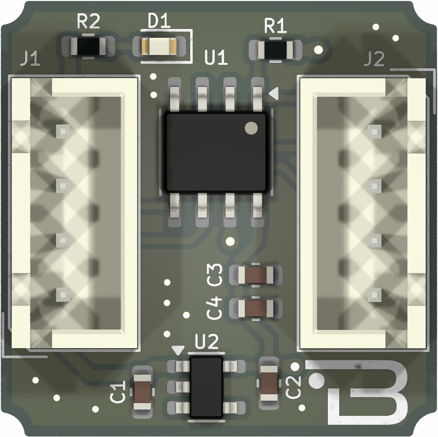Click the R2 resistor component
tap(88, 46)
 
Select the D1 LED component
tap(159, 46)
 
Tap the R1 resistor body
tap(275, 50)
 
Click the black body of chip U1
tap(216, 152)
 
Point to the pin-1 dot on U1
tap(251, 128)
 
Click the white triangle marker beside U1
tap(274, 93)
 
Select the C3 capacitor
tap(256, 275)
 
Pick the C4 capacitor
tap(256, 308)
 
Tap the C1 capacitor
tap(143, 392)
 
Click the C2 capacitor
tap(269, 383)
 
